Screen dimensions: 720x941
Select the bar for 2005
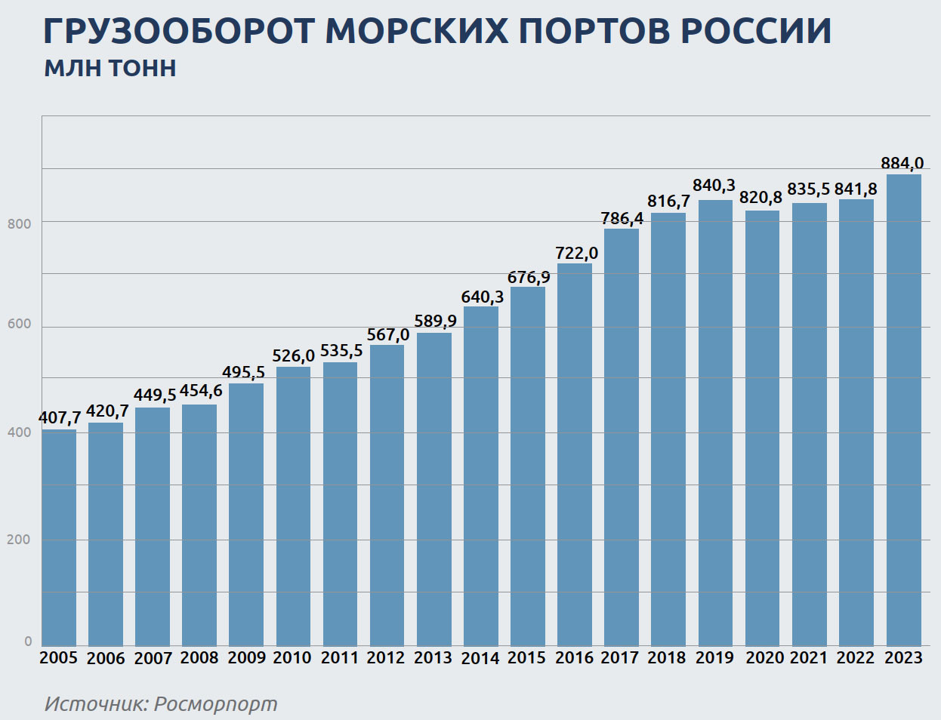pos(59,537)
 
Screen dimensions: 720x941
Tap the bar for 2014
pos(481,475)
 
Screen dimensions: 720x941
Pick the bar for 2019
pos(715,423)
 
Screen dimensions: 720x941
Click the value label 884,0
pos(902,164)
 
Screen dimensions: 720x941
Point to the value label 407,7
pos(60,418)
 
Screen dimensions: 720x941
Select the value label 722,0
pos(576,254)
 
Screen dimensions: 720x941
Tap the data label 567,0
pos(388,335)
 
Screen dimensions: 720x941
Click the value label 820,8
pos(761,198)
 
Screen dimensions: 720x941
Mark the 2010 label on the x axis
pos(292,658)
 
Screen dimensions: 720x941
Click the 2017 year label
pos(620,658)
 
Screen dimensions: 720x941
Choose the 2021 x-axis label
pos(809,658)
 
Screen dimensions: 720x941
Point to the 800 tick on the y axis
pos(20,224)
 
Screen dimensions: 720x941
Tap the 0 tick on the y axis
pos(28,642)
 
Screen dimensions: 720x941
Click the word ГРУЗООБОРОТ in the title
pos(179,31)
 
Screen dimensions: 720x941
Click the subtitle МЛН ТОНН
pos(110,69)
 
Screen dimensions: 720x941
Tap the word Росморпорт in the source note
pos(215,704)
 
